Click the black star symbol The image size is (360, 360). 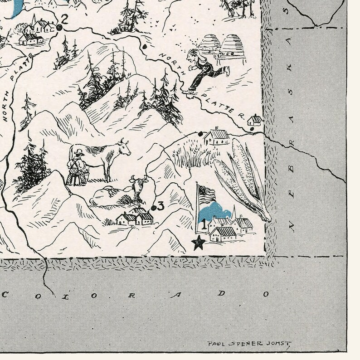[x=198, y=243]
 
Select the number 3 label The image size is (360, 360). [x=161, y=206]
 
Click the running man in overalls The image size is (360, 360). [x=205, y=67]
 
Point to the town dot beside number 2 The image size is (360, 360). [x=59, y=28]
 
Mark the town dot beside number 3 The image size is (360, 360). [x=154, y=208]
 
